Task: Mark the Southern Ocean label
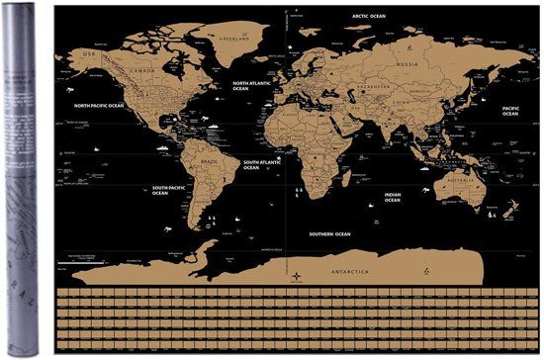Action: point(329,234)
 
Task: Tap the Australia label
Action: point(461,181)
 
